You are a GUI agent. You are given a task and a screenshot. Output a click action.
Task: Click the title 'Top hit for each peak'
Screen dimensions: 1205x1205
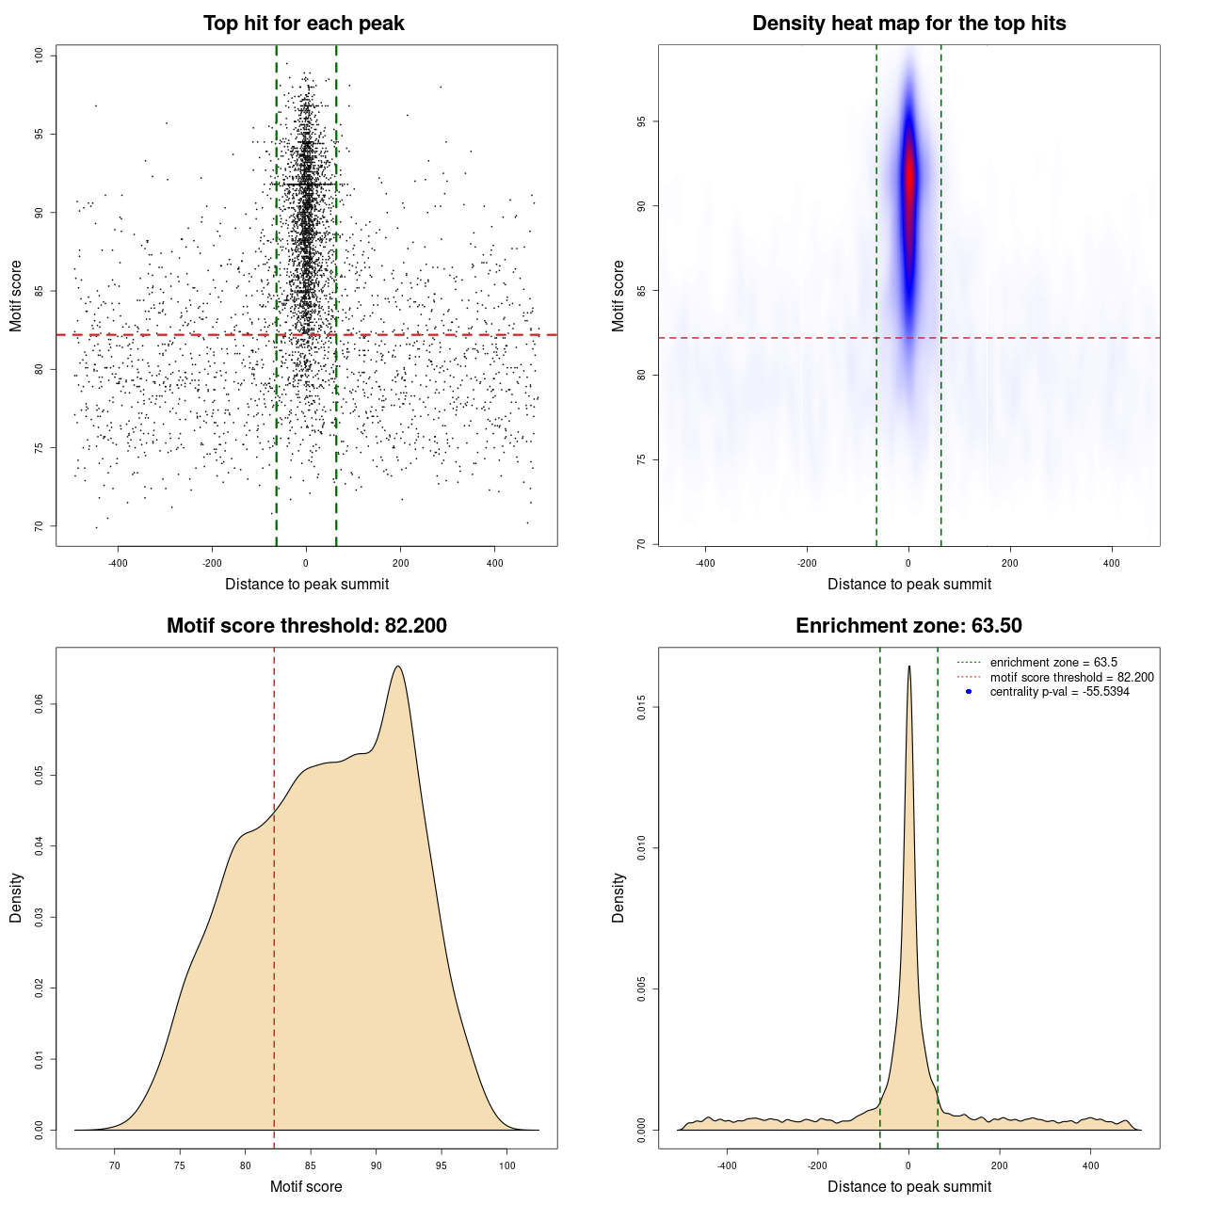point(303,24)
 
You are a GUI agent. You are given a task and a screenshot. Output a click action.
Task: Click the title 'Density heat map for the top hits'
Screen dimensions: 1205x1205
point(908,24)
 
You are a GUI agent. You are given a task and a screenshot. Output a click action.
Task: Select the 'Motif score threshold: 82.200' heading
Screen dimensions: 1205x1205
point(306,626)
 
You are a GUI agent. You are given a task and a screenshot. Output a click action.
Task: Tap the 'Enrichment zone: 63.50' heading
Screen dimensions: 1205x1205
point(908,626)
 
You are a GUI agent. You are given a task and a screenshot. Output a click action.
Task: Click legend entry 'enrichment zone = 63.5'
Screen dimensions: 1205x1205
point(1052,663)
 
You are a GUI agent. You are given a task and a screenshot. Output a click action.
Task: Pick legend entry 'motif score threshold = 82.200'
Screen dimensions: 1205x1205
point(1071,678)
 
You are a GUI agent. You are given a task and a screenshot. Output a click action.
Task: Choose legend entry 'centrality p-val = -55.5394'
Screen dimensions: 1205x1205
point(1059,692)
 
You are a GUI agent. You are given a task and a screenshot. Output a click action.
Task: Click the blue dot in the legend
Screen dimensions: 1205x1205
point(969,692)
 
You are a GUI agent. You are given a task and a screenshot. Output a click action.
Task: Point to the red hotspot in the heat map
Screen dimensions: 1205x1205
point(909,179)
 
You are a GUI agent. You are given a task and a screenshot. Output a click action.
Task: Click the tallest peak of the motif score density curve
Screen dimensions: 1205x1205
point(398,667)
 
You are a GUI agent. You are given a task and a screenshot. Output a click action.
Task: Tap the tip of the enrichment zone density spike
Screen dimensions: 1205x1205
point(909,667)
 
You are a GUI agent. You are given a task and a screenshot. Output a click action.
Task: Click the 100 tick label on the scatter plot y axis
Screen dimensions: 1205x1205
point(40,56)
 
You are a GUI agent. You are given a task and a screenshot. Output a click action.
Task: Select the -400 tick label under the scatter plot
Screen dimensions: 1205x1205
point(118,563)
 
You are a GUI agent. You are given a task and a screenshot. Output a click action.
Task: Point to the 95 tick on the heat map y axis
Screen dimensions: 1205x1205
point(642,121)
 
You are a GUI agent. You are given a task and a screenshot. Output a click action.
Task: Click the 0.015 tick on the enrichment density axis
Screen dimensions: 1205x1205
point(642,707)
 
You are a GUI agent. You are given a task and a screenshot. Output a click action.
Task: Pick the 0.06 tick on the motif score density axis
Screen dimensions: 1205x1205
point(40,704)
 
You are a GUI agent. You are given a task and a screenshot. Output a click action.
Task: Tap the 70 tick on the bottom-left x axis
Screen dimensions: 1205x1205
point(115,1165)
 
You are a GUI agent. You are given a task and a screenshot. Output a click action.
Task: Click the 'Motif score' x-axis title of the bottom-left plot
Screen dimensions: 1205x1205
point(306,1186)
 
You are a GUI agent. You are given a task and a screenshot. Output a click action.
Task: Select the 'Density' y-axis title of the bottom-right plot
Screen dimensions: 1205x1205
point(619,897)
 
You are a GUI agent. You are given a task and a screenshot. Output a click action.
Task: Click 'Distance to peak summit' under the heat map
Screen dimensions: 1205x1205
point(908,584)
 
